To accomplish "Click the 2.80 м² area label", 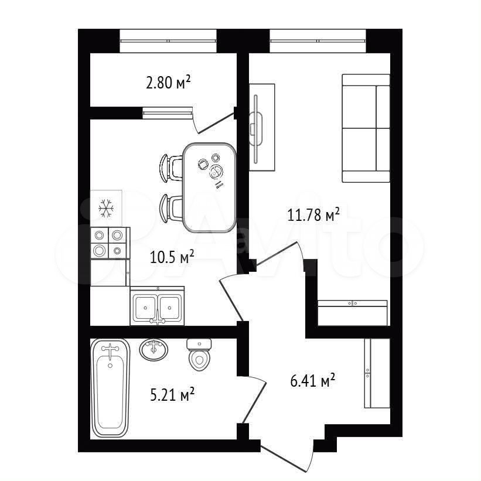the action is [168, 82].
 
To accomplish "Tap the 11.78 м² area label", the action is [313, 214].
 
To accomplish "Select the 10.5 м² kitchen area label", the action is [172, 257].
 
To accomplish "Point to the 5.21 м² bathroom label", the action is [172, 394].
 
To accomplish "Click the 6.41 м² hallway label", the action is [312, 381].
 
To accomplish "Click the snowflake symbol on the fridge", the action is [106, 209].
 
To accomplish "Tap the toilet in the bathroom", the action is [199, 354].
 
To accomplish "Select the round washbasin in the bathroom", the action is [153, 350].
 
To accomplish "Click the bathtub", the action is [110, 388].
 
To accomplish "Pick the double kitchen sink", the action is [157, 306].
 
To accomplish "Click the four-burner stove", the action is [110, 243].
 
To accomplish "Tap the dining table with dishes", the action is [210, 187].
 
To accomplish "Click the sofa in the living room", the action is [366, 128].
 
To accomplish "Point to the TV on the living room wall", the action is [257, 129].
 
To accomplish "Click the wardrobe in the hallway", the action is [377, 373].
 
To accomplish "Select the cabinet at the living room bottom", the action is [353, 313].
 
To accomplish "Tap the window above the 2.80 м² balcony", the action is [168, 41].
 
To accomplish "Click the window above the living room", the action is [318, 41].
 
